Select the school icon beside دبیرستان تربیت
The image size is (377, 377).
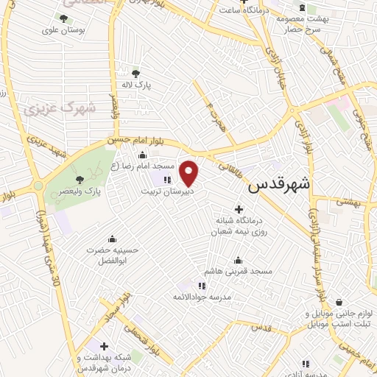pyautogui.click(x=167, y=179)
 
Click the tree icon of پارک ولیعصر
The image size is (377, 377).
pyautogui.click(x=80, y=179)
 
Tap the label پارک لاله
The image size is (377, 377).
pyautogui.click(x=136, y=85)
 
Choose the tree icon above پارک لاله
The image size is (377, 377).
pyautogui.click(x=135, y=73)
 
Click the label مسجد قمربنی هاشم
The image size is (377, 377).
pyautogui.click(x=238, y=271)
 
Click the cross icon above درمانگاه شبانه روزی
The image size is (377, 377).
pyautogui.click(x=239, y=209)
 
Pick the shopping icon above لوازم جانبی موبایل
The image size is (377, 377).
pyautogui.click(x=338, y=302)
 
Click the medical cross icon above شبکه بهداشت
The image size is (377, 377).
pyautogui.click(x=104, y=346)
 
